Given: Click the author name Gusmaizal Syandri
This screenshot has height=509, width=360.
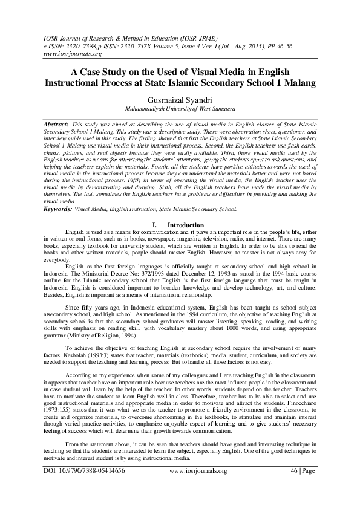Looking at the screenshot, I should (x=180, y=98).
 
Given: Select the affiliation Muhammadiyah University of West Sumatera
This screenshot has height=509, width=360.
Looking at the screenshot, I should (x=180, y=109).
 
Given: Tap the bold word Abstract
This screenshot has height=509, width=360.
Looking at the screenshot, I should (x=56, y=123).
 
